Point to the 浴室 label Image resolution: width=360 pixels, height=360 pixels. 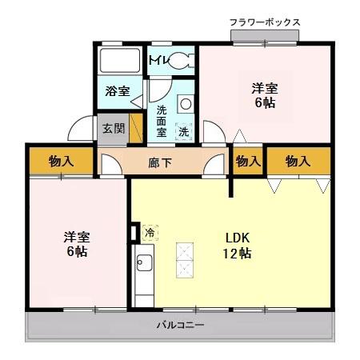[118, 90]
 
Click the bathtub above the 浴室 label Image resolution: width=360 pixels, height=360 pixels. [118, 61]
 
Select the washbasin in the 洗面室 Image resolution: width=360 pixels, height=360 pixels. [186, 103]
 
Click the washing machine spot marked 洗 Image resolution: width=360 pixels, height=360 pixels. [184, 130]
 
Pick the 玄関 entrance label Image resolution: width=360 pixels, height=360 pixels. [110, 128]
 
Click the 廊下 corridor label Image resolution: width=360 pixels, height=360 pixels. [160, 162]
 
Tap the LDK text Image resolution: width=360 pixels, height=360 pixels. [238, 238]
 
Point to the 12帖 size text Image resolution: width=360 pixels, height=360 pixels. [238, 253]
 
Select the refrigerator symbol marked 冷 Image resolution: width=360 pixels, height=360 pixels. [149, 232]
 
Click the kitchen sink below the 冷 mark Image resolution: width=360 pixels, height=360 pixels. [144, 262]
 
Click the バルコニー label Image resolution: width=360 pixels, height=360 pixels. [180, 326]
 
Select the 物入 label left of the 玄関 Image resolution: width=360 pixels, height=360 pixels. [61, 161]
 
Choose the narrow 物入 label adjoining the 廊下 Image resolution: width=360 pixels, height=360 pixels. [247, 161]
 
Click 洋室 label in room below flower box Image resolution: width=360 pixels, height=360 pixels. [265, 89]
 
